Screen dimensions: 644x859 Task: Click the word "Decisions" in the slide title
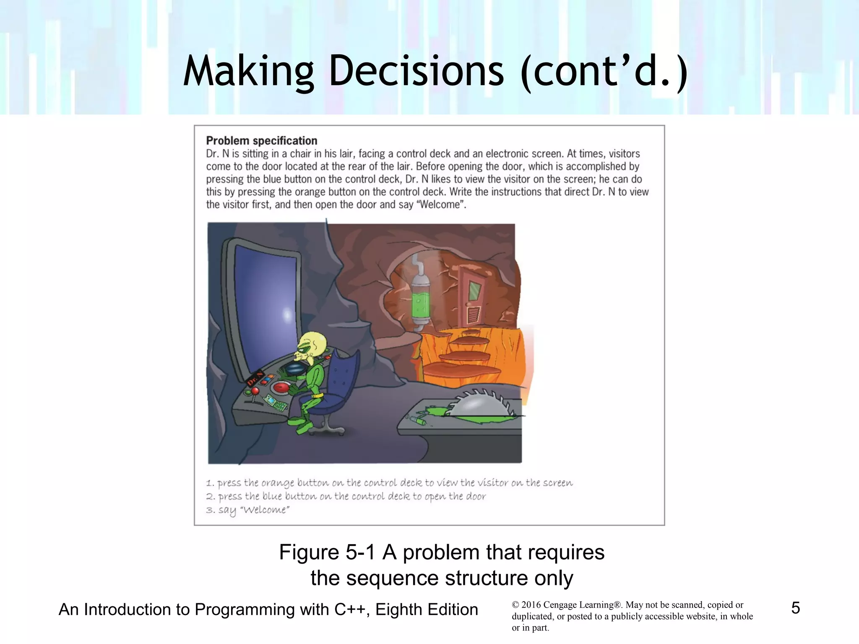click(x=416, y=71)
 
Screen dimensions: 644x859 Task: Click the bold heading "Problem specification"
click(x=261, y=141)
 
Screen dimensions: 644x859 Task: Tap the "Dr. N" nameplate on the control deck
click(x=255, y=378)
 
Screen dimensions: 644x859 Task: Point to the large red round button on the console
click(x=281, y=387)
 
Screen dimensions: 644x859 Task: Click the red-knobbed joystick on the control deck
click(x=255, y=392)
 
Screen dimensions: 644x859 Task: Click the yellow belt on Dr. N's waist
click(x=318, y=395)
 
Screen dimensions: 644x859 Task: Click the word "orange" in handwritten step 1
click(x=277, y=483)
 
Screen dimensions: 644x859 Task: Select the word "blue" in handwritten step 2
click(x=272, y=497)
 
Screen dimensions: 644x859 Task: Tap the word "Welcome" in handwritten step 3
click(x=265, y=510)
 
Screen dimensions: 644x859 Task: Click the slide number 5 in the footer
click(x=795, y=608)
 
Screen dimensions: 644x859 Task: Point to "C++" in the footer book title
click(x=351, y=610)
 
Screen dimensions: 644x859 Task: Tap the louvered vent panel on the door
click(x=473, y=314)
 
